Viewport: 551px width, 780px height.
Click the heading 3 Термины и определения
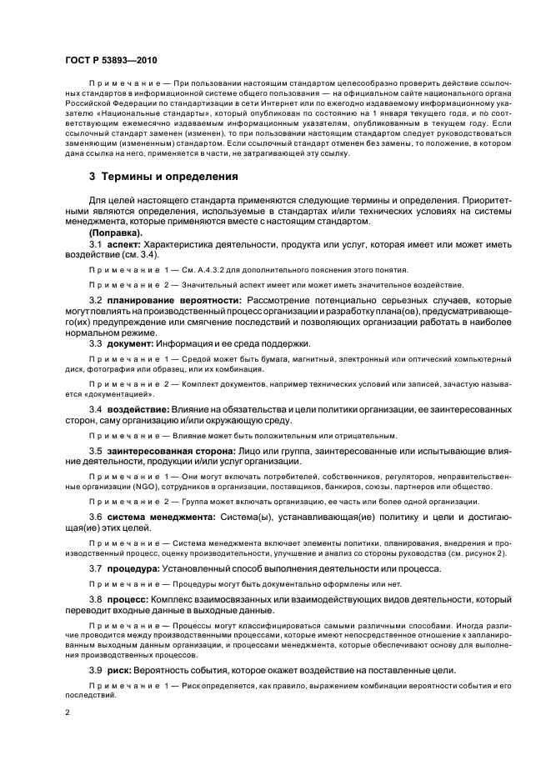pos(163,177)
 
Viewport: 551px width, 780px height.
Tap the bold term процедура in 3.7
pos(133,568)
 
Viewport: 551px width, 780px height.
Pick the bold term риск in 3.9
pos(119,670)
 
